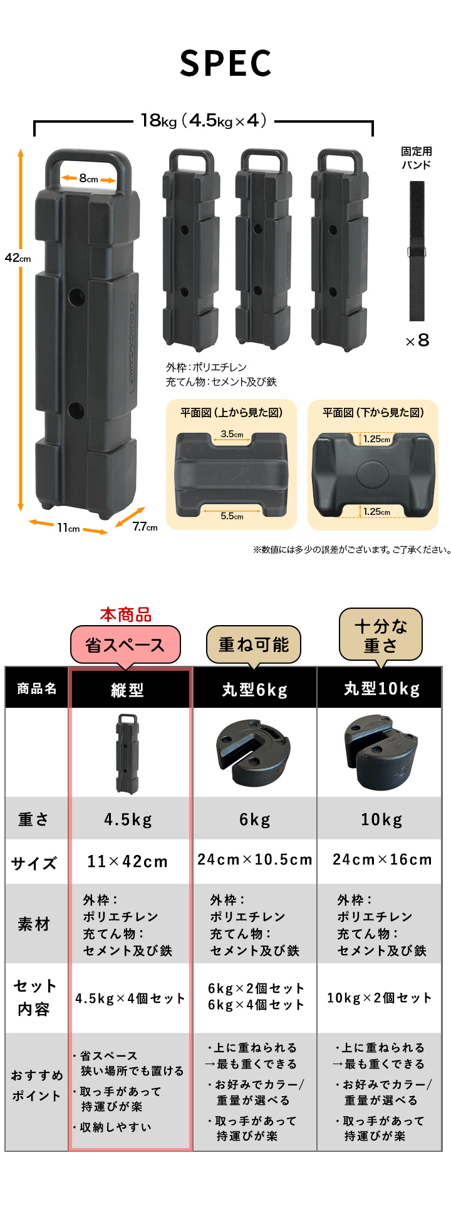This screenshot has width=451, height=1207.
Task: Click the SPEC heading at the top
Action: [225, 63]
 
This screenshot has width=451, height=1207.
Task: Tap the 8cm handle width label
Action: [88, 179]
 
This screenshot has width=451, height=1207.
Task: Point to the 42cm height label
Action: [18, 257]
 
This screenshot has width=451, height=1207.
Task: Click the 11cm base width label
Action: [68, 528]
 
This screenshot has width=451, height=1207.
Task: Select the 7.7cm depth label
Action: [145, 527]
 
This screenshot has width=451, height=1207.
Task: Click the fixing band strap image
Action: [417, 251]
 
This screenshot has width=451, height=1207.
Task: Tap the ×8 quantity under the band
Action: [417, 340]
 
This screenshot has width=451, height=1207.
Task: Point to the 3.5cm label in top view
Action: [232, 433]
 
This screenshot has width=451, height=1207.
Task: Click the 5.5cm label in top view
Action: [232, 516]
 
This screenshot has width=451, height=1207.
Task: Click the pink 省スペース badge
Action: [125, 645]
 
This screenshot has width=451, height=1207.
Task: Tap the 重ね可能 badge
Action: [254, 645]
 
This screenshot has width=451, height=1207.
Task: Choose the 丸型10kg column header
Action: [381, 688]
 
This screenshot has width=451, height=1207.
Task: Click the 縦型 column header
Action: [128, 690]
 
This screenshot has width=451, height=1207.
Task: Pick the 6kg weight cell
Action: [254, 819]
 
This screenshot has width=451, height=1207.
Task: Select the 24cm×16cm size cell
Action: [381, 859]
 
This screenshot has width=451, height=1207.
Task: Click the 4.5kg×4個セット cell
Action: [130, 998]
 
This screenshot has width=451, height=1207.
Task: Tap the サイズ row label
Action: [34, 863]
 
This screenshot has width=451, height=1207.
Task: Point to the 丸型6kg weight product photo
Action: [254, 752]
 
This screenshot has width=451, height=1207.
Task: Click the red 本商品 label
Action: [126, 614]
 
